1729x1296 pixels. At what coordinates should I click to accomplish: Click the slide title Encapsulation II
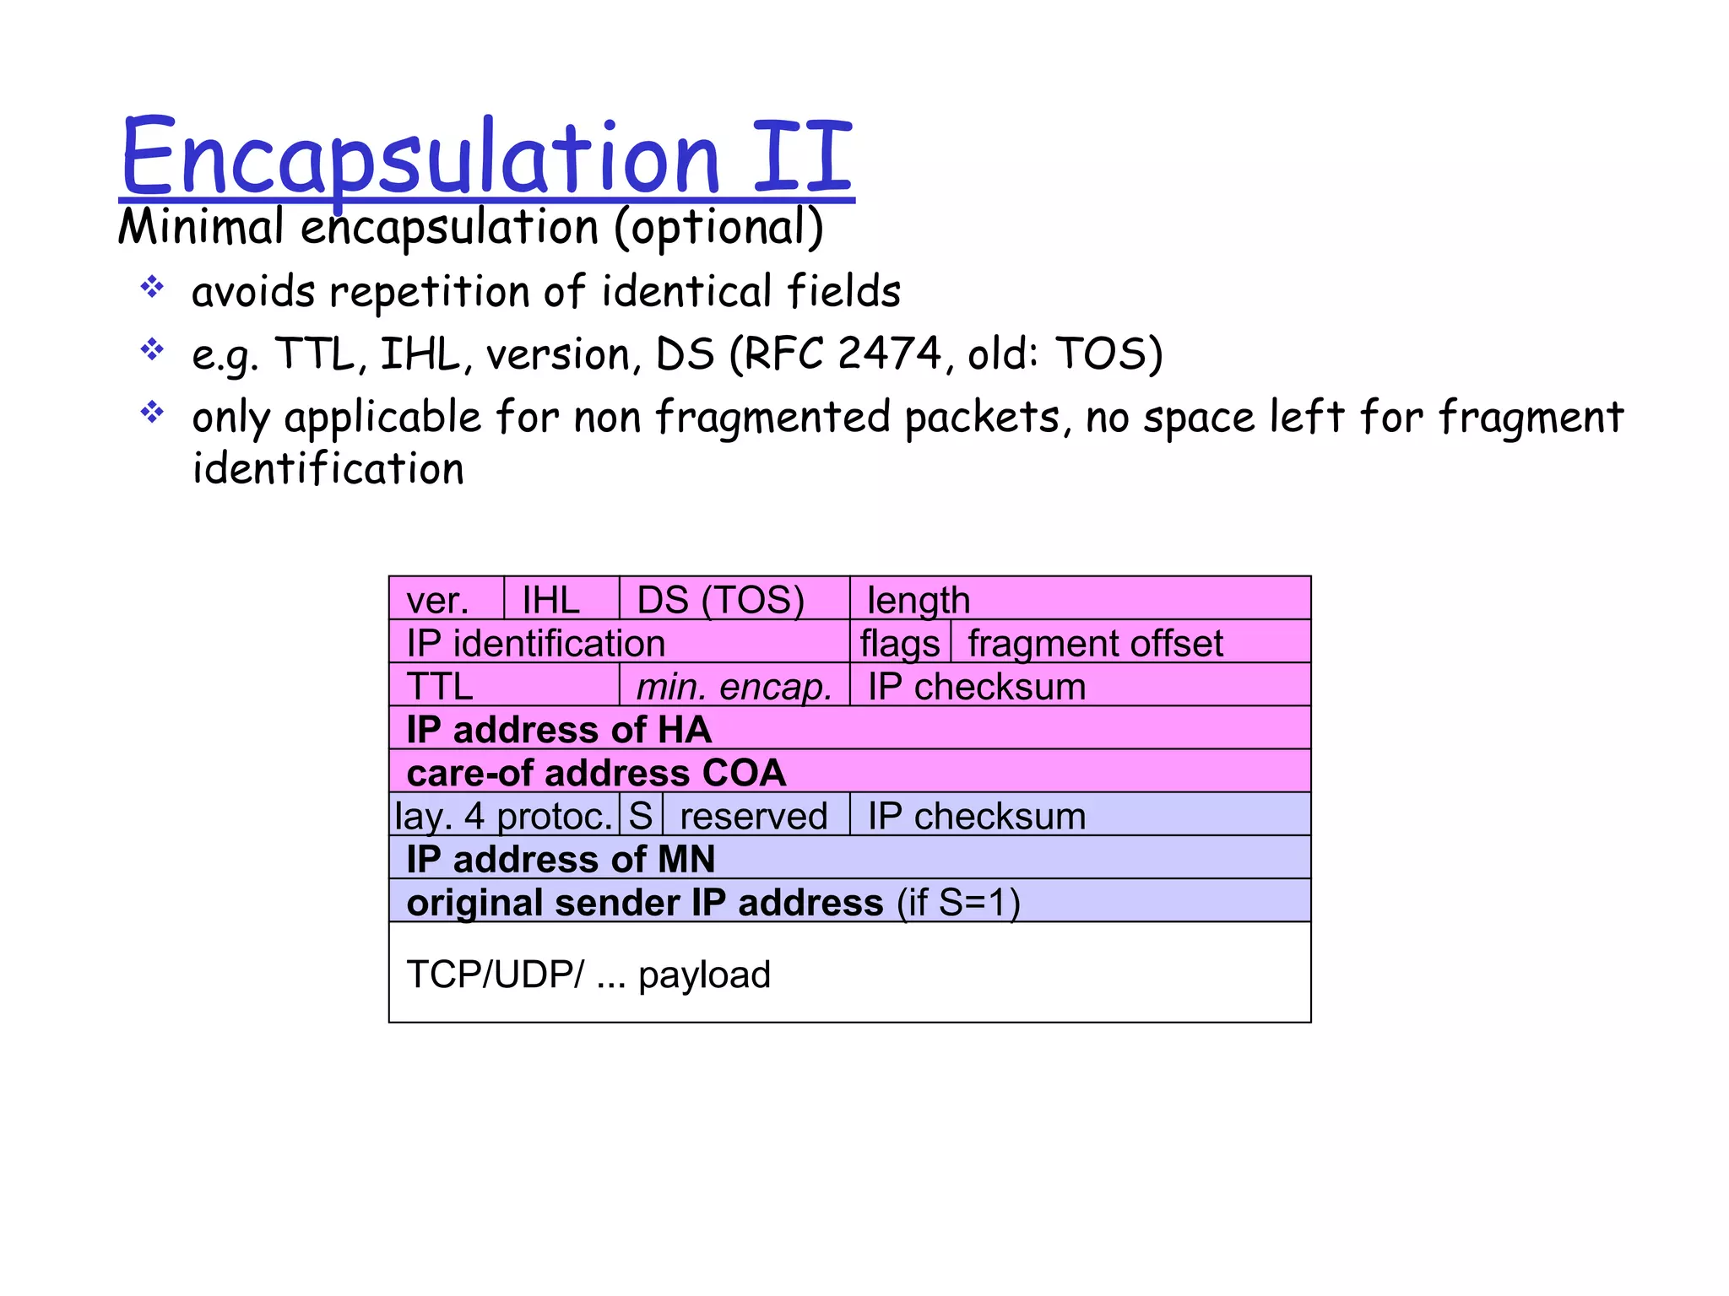486,157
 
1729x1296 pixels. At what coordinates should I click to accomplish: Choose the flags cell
900,643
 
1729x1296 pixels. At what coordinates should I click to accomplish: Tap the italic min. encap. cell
734,686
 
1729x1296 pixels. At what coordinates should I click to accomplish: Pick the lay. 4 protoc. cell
504,816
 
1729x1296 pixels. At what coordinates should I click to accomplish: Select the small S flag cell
641,816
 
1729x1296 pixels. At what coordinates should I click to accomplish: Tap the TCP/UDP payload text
588,975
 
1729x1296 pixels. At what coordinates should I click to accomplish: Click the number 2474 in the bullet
889,354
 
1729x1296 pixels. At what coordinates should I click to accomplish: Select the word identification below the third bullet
328,469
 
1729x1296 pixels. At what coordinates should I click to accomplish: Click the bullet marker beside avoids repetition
152,287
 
